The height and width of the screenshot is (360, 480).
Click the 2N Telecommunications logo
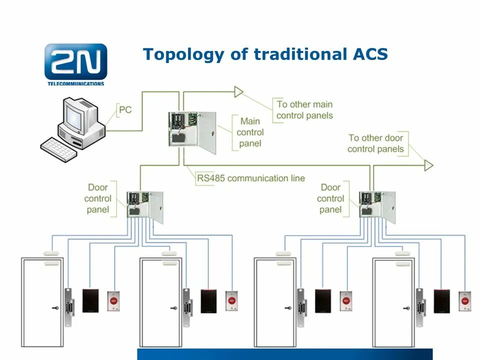click(x=75, y=63)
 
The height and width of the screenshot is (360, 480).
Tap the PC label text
click(x=125, y=109)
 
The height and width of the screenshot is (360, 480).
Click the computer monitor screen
click(x=74, y=116)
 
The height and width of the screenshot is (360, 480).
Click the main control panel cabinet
click(x=192, y=129)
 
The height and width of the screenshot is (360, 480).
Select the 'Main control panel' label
click(x=250, y=132)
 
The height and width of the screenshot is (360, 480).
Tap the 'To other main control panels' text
click(x=304, y=110)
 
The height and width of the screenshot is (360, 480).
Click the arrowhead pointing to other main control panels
click(x=238, y=91)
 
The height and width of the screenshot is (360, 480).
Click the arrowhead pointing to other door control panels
click(x=428, y=165)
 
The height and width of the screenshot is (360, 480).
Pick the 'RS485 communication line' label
click(x=250, y=178)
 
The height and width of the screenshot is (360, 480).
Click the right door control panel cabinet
click(x=377, y=204)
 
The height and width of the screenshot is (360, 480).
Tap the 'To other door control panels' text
click(x=375, y=143)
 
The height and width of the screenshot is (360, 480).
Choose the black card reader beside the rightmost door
click(x=441, y=300)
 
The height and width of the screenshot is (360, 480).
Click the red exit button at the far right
click(x=465, y=301)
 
